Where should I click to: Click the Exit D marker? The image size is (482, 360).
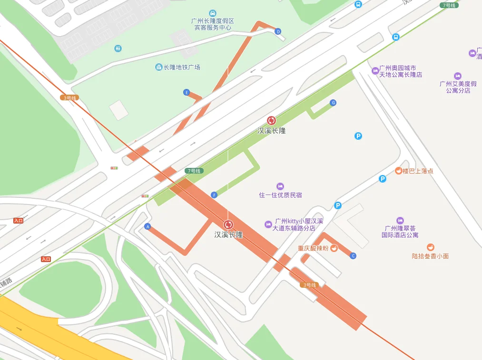click(x=278, y=31)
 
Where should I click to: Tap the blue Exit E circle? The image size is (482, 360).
click(x=187, y=92)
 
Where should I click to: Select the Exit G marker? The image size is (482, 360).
click(x=333, y=103)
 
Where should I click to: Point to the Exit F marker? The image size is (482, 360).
click(x=214, y=195)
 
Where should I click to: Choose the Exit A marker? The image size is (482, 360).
click(x=148, y=227)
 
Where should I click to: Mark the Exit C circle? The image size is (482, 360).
click(x=353, y=256)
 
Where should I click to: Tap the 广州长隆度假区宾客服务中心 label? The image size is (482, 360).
click(x=213, y=24)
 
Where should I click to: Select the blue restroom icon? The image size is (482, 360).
click(x=118, y=48)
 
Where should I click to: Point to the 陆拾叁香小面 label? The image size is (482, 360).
click(x=430, y=255)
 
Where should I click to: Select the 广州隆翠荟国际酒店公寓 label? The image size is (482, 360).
click(x=400, y=231)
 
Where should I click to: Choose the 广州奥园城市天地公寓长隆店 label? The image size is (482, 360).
click(x=400, y=71)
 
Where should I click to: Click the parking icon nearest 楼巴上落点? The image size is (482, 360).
click(x=383, y=179)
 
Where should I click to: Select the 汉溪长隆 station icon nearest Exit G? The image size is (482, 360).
click(x=271, y=121)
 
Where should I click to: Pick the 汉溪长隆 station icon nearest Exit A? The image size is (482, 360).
click(x=228, y=224)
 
